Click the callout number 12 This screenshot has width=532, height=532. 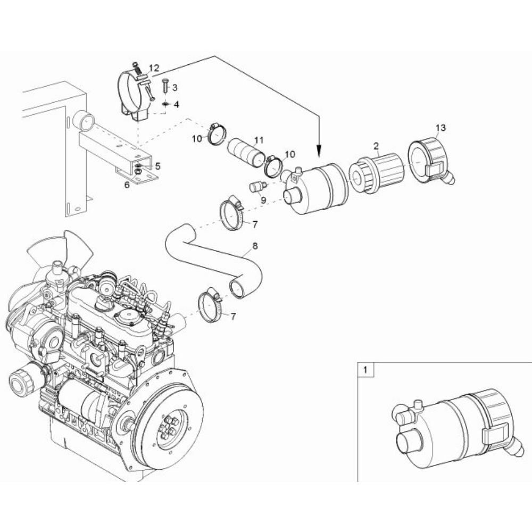[x=154, y=68]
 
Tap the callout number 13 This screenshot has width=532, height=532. [x=440, y=128]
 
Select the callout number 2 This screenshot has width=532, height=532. [x=376, y=146]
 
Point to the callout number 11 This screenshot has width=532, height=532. [x=259, y=140]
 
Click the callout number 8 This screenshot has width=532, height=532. [x=255, y=246]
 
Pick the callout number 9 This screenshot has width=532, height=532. [x=263, y=200]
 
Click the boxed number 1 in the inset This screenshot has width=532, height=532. [x=365, y=370]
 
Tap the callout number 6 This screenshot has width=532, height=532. [x=127, y=185]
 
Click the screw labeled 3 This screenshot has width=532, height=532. [x=165, y=85]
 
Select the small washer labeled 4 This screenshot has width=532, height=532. [x=165, y=103]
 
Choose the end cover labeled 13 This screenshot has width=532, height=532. [x=431, y=160]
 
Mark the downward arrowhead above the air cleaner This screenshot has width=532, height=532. [x=319, y=151]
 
